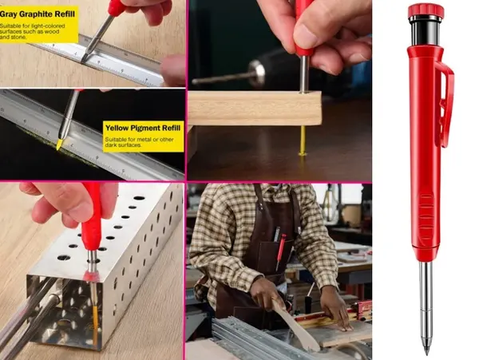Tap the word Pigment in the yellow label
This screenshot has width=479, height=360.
pos(142,128)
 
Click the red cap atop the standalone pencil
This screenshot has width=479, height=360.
pos(426,10)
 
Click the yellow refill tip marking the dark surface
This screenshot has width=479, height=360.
pos(59,144)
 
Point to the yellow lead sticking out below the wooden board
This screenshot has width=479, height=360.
pos(303,141)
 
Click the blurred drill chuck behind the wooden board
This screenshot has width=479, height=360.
pos(257,72)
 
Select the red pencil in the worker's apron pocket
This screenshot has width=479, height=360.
pos(281,251)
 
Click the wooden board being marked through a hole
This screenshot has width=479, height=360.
pos(255,108)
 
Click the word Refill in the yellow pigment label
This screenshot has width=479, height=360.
pos(168,128)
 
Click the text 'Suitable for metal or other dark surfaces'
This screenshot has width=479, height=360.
pos(139,142)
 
